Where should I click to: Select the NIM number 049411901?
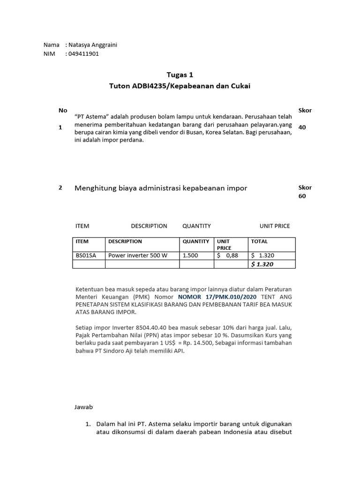(x=83, y=54)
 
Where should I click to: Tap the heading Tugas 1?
(x=180, y=75)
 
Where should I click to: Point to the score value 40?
(x=302, y=127)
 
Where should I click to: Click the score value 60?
(x=302, y=196)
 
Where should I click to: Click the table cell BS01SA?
(x=86, y=256)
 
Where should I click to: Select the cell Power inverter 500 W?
(x=137, y=256)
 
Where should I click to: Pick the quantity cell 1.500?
(x=190, y=256)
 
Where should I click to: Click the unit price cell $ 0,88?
(x=227, y=256)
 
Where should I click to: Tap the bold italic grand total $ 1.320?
(x=262, y=264)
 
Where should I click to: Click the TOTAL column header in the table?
(x=259, y=241)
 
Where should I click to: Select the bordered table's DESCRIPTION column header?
(x=125, y=241)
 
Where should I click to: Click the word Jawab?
(x=84, y=407)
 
